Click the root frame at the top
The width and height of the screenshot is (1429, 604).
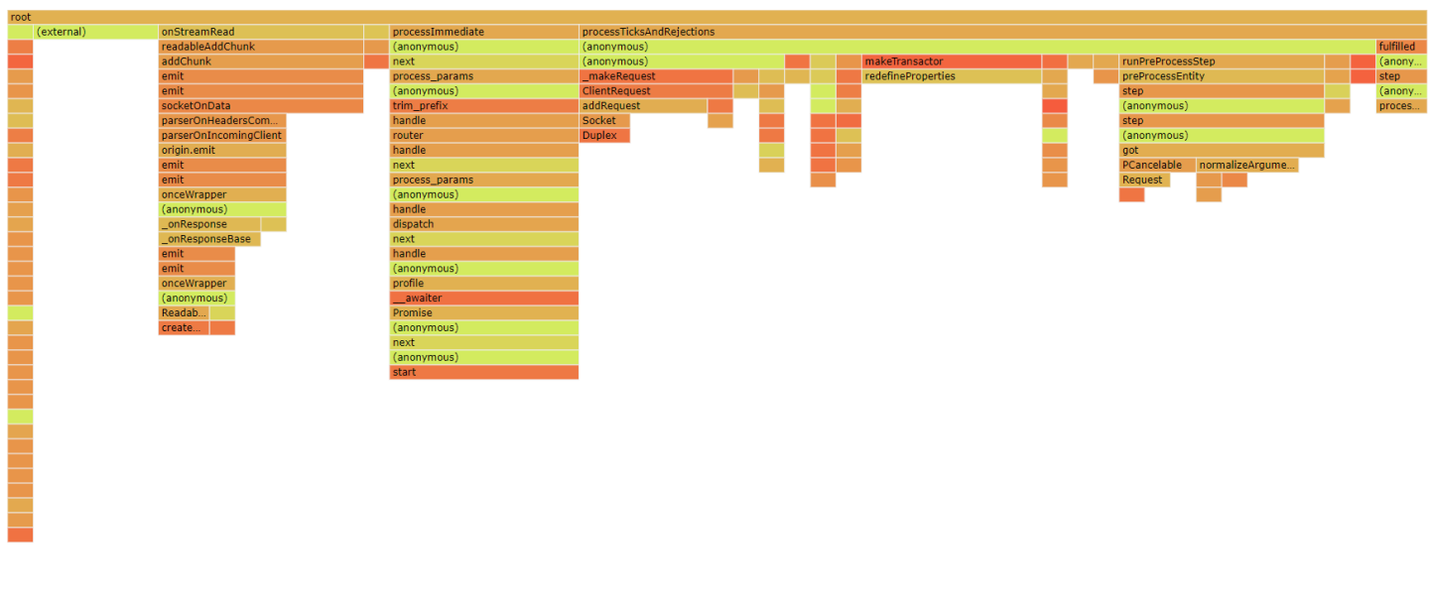tap(714, 17)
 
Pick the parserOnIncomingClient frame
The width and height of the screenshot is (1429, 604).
tap(222, 136)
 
